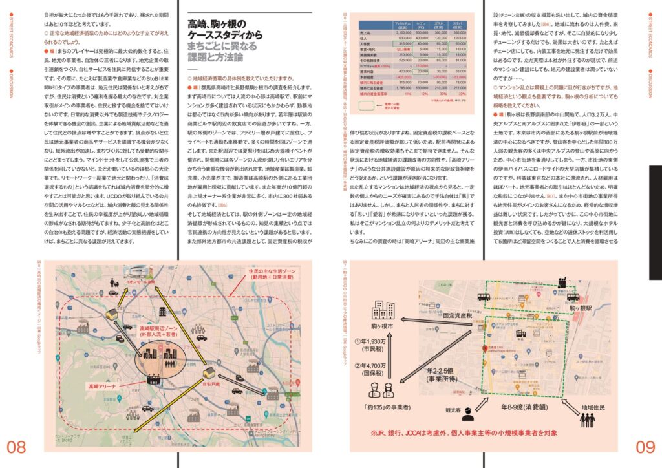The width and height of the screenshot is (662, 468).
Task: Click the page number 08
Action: (x=16, y=446)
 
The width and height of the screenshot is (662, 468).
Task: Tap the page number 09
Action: (x=645, y=446)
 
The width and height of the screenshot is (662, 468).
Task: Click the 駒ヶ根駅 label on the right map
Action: (x=582, y=310)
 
